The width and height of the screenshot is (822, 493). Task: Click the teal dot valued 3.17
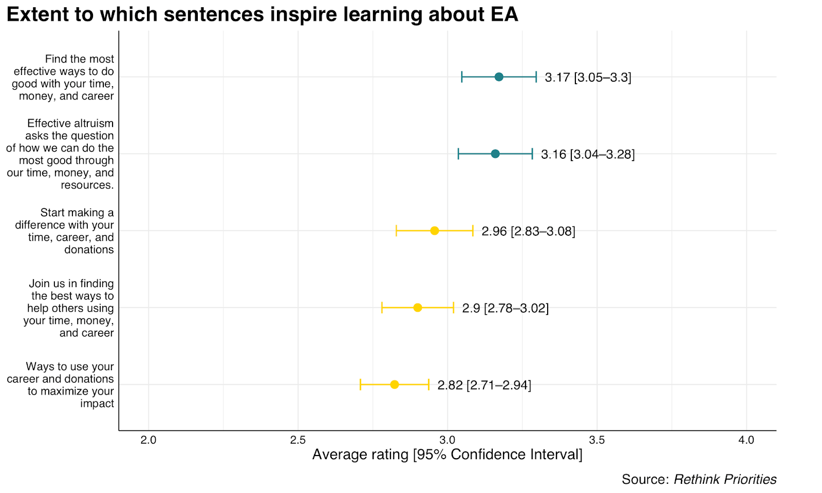(499, 77)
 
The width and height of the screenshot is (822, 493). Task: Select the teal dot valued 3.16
(495, 154)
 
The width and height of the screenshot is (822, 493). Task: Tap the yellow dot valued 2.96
(435, 231)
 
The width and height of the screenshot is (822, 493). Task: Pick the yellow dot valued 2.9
(418, 308)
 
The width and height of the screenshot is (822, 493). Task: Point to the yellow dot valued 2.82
(395, 385)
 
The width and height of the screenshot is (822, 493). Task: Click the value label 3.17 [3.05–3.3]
(588, 78)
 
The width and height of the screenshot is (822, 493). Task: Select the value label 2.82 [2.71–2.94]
(484, 385)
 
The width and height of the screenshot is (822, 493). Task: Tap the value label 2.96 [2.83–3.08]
(528, 232)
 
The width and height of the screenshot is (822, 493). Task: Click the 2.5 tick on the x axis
(297, 440)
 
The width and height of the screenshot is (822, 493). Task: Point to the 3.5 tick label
(596, 440)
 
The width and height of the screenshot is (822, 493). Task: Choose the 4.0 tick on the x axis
(746, 440)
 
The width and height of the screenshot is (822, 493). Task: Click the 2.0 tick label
(148, 440)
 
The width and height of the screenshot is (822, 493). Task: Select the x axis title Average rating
(447, 454)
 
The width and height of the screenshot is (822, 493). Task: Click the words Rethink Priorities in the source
(725, 479)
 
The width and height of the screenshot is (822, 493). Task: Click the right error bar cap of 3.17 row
(536, 77)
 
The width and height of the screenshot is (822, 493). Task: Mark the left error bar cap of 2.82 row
(361, 385)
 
